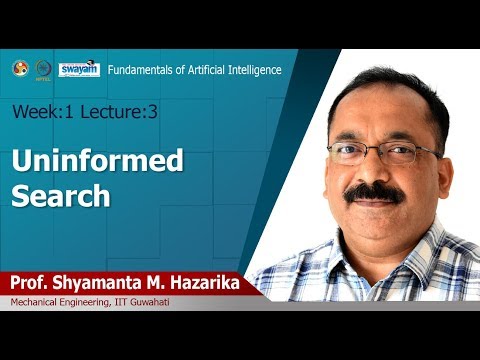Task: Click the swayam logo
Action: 79,69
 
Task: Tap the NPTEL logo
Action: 44,70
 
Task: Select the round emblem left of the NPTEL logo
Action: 19,68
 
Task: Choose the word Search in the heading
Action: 60,195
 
